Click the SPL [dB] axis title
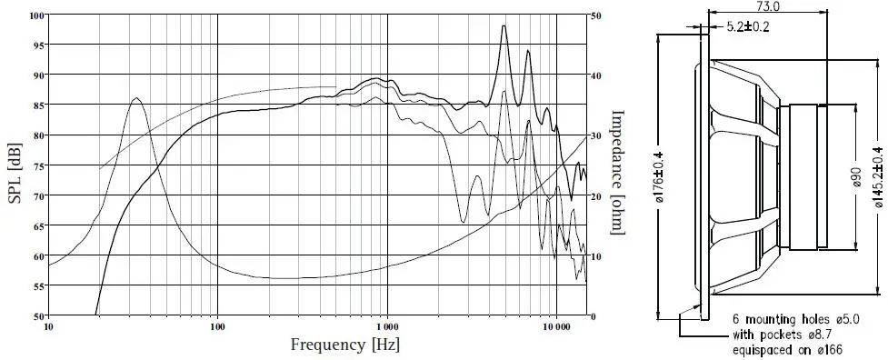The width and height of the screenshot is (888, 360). [15, 166]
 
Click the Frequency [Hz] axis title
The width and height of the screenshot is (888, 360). [344, 345]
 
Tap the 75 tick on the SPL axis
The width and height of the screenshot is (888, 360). [37, 166]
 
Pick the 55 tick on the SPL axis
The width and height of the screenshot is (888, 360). [37, 286]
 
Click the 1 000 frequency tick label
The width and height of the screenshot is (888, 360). [387, 325]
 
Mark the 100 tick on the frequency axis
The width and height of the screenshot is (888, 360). [217, 325]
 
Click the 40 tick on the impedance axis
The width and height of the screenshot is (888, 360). [594, 75]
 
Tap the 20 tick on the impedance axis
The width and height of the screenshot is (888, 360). [594, 196]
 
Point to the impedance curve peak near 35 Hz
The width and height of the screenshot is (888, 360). [136, 98]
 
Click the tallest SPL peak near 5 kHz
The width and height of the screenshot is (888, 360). [504, 26]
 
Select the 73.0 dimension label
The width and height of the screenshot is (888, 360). [769, 7]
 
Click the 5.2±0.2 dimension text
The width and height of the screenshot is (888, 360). [748, 26]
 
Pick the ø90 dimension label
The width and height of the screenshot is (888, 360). [855, 178]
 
